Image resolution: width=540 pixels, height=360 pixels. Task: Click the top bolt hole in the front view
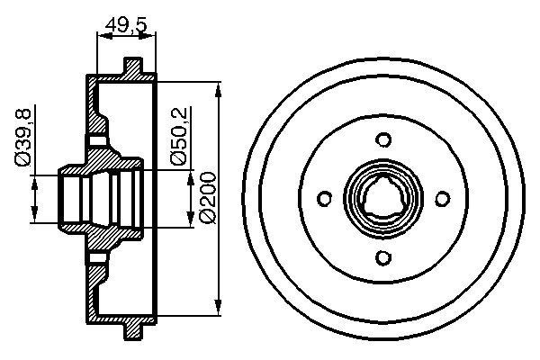[x=384, y=140]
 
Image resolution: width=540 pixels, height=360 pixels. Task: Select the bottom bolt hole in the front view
[x=384, y=259]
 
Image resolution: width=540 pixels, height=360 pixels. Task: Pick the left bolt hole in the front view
[x=325, y=200]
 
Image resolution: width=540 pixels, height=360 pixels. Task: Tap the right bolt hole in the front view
[x=444, y=200]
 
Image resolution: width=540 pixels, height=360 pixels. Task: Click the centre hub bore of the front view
[x=384, y=200]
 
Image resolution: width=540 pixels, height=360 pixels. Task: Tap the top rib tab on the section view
[x=132, y=67]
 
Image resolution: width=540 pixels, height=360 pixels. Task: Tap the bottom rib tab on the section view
[x=132, y=332]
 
